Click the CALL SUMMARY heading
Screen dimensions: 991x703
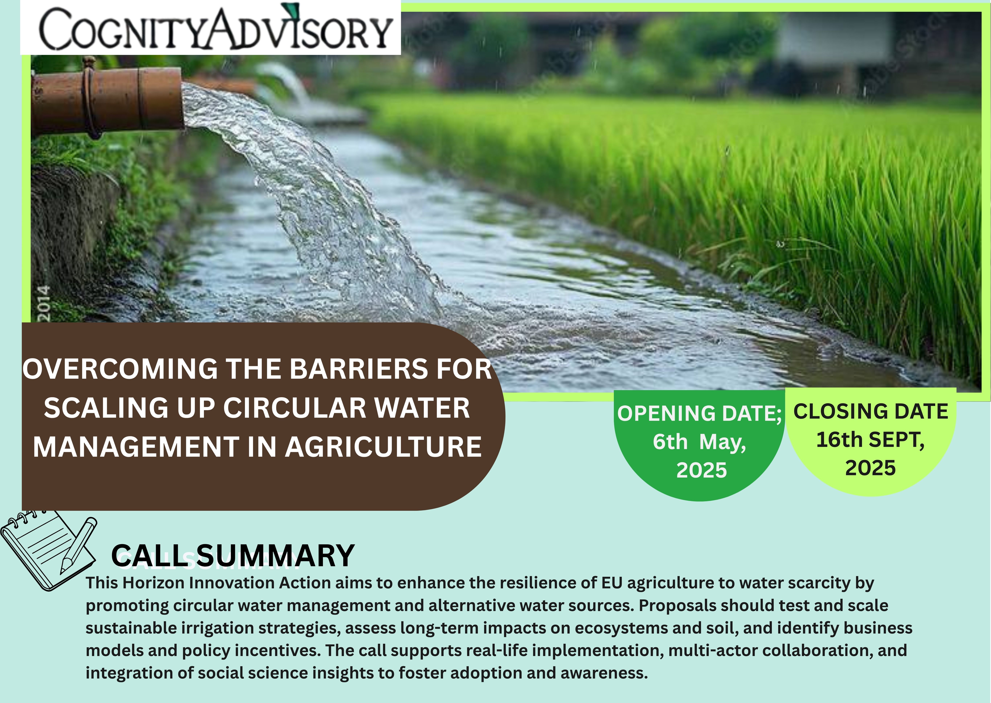coord(233,556)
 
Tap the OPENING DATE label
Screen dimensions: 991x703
coord(699,413)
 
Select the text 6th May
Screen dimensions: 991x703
coord(699,442)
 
